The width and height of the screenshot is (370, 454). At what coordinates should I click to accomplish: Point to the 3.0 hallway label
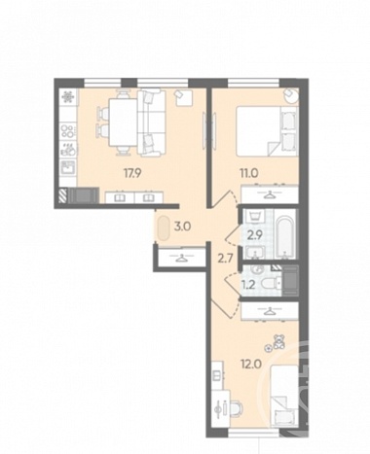coord(182,227)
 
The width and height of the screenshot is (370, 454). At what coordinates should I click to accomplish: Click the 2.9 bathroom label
coord(254,235)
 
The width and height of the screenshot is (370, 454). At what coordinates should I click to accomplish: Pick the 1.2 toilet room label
coord(248,285)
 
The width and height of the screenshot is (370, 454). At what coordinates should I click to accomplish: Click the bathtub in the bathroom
coord(286,234)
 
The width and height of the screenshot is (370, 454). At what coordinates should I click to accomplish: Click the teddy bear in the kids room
coord(278,342)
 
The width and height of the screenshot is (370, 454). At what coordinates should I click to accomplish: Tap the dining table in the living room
coord(123,122)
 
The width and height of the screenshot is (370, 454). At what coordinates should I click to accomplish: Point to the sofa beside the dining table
coord(151,122)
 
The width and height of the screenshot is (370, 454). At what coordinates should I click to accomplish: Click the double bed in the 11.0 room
coord(267,131)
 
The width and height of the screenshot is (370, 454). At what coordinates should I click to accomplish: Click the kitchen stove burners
coord(68,130)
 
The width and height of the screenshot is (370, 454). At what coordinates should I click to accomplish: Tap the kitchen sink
coord(68,168)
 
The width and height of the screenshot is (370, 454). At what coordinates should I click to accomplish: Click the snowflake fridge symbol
coord(68,96)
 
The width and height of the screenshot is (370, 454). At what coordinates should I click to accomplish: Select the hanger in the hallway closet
coord(181,258)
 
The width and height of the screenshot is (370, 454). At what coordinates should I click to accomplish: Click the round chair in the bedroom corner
coord(290,95)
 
